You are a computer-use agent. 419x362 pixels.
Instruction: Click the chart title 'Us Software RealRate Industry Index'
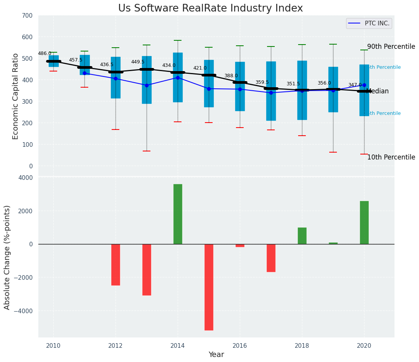(x=210, y=8)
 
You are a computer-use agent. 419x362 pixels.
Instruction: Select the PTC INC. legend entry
(x=369, y=23)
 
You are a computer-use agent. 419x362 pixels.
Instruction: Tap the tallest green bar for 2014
(x=178, y=214)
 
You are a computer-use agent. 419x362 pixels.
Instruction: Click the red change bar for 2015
(x=209, y=287)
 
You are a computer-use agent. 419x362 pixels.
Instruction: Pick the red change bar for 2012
(x=115, y=265)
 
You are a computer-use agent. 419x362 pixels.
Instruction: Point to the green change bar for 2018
(x=302, y=236)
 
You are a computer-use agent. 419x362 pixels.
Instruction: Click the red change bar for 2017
(x=271, y=258)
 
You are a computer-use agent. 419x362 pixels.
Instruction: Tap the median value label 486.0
(x=45, y=54)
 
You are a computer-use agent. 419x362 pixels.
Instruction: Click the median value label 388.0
(x=231, y=76)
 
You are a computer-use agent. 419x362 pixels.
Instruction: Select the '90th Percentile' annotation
(x=391, y=47)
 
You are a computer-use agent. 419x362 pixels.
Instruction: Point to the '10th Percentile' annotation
(x=391, y=158)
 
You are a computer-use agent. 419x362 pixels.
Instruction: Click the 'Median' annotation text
(x=378, y=91)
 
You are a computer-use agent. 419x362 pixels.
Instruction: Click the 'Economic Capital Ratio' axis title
(x=16, y=96)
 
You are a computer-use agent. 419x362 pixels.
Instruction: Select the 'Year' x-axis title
(x=216, y=355)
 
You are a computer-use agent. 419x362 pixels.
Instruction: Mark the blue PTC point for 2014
(x=178, y=78)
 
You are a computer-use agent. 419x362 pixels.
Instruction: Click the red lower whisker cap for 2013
(x=147, y=151)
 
